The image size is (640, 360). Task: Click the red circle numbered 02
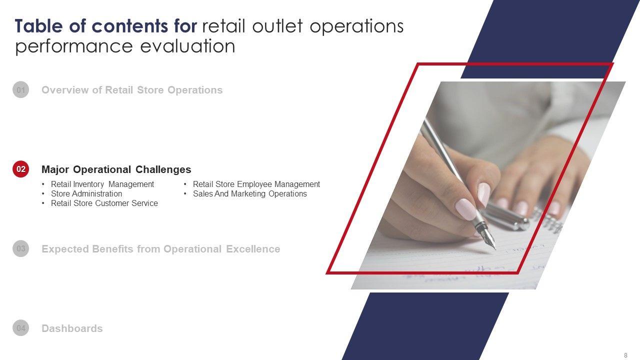(x=21, y=169)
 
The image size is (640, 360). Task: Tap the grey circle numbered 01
(x=21, y=89)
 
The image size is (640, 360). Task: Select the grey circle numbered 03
(x=21, y=248)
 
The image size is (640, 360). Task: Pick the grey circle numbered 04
(x=21, y=327)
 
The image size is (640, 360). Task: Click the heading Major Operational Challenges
(x=116, y=169)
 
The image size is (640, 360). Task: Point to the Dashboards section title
(x=72, y=328)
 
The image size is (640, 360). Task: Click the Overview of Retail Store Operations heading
(x=132, y=90)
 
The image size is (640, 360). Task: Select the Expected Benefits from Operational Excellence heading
(x=161, y=249)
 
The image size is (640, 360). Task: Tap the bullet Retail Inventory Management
(x=102, y=184)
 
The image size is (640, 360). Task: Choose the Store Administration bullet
(x=86, y=193)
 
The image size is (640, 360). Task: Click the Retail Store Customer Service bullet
(x=104, y=203)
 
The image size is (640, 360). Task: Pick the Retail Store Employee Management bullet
(x=256, y=184)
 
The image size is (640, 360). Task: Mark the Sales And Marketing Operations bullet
(x=249, y=193)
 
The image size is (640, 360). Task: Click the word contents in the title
(x=129, y=26)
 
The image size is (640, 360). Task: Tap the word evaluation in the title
(x=187, y=46)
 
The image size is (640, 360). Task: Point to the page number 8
(x=625, y=355)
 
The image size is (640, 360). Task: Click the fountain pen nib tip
(x=494, y=249)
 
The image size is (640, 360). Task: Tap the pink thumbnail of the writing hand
(x=465, y=209)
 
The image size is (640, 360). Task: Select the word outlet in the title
(x=277, y=26)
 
